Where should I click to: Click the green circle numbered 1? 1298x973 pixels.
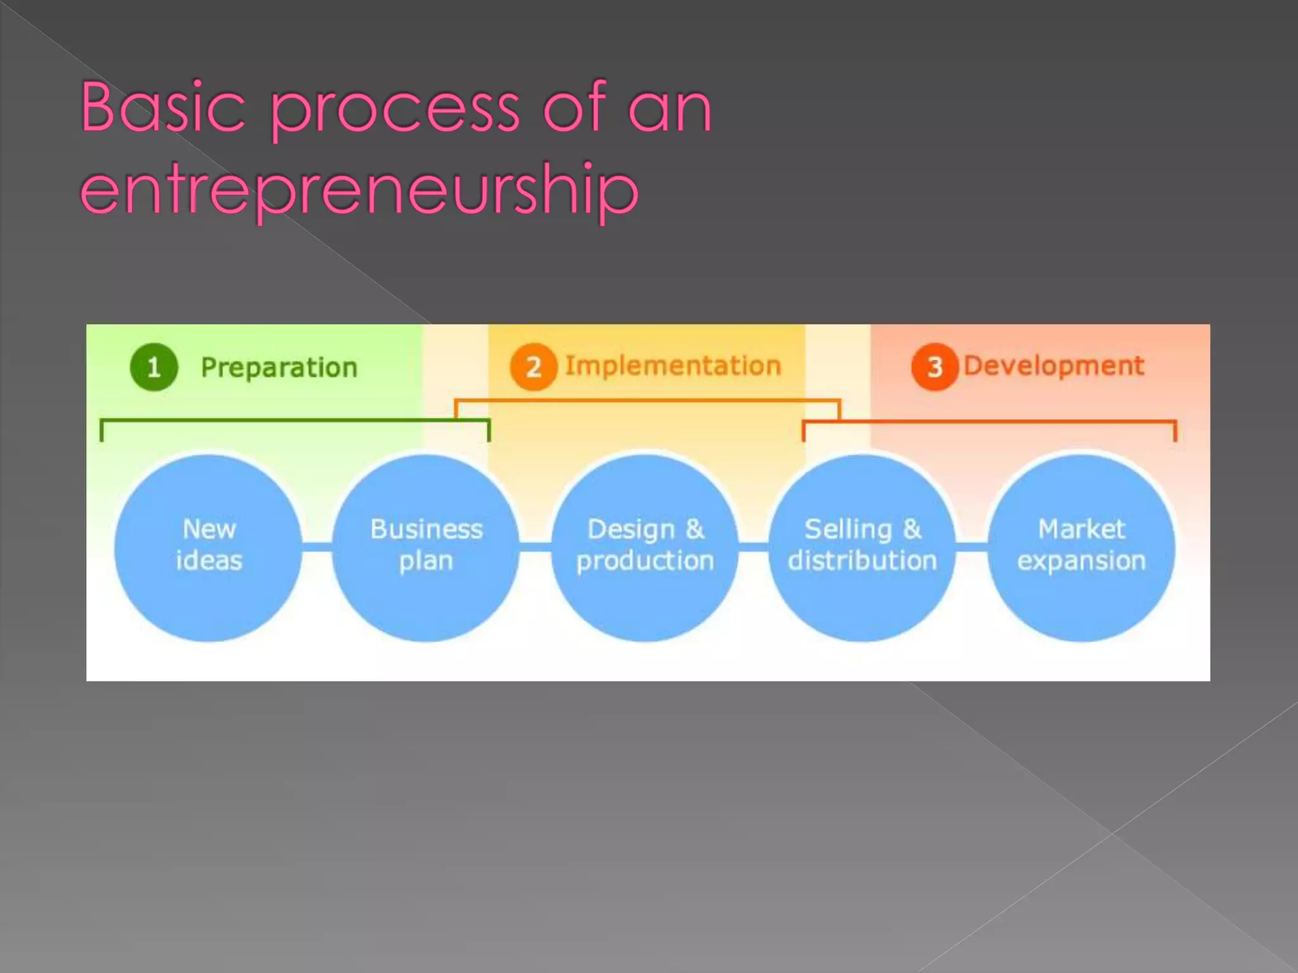[x=153, y=367]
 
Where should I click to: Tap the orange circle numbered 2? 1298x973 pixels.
[x=534, y=367]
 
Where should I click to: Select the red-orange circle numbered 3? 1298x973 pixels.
[x=934, y=367]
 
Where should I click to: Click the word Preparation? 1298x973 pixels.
[x=279, y=368]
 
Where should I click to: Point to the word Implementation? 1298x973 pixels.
[x=672, y=366]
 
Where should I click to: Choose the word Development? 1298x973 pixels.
[x=1054, y=366]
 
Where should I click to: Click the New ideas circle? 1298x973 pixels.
[x=209, y=547]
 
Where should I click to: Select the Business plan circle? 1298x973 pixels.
[x=426, y=547]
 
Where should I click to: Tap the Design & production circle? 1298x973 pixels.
[x=645, y=547]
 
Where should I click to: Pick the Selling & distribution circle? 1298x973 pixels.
[x=862, y=547]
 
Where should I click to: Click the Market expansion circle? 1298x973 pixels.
[x=1081, y=547]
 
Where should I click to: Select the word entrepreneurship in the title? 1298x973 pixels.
[x=359, y=189]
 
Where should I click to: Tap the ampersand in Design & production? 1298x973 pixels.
[x=695, y=530]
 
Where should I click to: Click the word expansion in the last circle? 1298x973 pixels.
[x=1081, y=561]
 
